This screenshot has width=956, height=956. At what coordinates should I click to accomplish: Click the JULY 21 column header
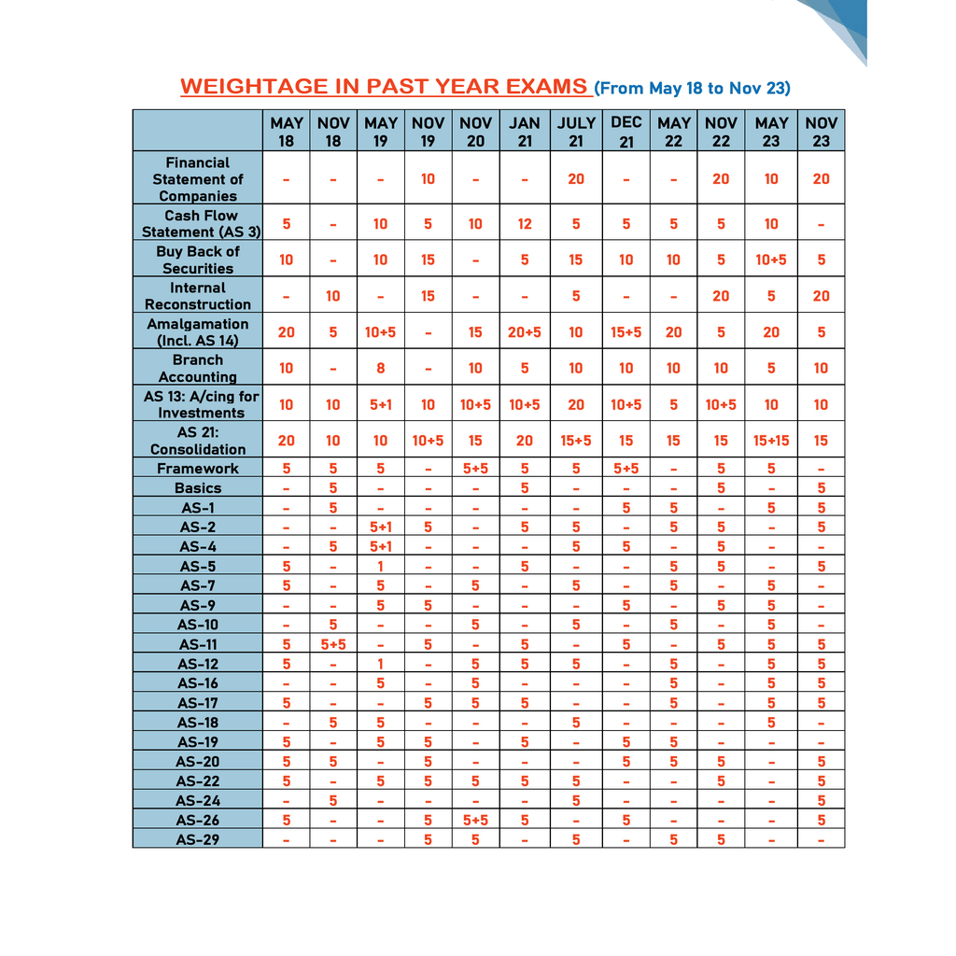pyautogui.click(x=576, y=132)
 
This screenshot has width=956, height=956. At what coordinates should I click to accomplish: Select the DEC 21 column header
pyautogui.click(x=626, y=132)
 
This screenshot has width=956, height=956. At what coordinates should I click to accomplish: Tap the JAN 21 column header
pyautogui.click(x=524, y=132)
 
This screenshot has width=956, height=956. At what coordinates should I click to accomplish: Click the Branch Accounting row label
pyautogui.click(x=197, y=368)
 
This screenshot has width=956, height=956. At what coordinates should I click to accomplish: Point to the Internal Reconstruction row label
pyautogui.click(x=197, y=296)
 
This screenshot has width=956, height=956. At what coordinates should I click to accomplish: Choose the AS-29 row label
pyautogui.click(x=197, y=839)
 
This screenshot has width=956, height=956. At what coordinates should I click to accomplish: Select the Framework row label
pyautogui.click(x=197, y=469)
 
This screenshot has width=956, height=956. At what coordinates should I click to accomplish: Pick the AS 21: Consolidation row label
pyautogui.click(x=197, y=441)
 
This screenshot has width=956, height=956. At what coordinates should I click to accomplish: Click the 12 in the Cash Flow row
pyautogui.click(x=524, y=224)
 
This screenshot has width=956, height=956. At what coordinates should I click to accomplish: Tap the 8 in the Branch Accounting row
pyautogui.click(x=381, y=368)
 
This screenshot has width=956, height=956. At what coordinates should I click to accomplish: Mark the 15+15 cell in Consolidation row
pyautogui.click(x=771, y=441)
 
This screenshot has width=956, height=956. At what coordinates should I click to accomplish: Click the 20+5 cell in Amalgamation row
pyautogui.click(x=524, y=332)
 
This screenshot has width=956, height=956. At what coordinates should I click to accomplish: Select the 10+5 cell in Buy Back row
pyautogui.click(x=771, y=260)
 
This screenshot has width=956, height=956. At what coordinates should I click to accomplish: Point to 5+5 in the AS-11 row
pyautogui.click(x=333, y=644)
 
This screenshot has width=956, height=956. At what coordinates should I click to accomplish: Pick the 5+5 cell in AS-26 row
pyautogui.click(x=475, y=820)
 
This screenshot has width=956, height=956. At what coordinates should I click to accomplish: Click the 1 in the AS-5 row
pyautogui.click(x=381, y=566)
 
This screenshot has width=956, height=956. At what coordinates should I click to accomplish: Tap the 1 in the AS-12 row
pyautogui.click(x=381, y=664)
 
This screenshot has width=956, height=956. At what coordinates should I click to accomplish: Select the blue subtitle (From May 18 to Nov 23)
pyautogui.click(x=692, y=89)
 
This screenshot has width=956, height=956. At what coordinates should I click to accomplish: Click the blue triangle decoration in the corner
pyautogui.click(x=840, y=23)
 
